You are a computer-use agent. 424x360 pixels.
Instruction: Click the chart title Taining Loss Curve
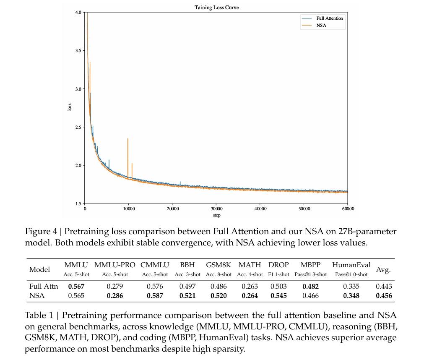click(216, 8)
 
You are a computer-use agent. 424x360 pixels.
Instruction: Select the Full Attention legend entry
click(329, 18)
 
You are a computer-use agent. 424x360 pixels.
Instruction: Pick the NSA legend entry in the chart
click(321, 26)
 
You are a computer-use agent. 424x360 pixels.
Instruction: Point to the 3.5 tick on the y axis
click(78, 51)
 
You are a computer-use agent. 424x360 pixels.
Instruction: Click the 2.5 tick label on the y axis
click(78, 127)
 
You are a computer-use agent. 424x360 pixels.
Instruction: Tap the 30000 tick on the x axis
click(216, 209)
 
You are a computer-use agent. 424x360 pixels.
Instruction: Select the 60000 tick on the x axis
click(347, 209)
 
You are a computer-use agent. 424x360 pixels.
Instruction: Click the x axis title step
click(216, 215)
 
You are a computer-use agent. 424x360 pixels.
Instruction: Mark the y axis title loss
click(70, 107)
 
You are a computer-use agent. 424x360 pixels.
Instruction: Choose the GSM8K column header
click(219, 265)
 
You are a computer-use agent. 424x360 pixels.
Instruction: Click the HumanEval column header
click(351, 265)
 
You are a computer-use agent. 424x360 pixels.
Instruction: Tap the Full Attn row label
click(41, 287)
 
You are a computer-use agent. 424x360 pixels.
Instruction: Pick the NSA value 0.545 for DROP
click(278, 295)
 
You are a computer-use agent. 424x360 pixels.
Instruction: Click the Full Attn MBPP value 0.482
click(310, 287)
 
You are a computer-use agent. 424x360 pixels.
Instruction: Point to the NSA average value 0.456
click(384, 295)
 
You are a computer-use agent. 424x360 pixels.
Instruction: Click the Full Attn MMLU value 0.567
click(76, 287)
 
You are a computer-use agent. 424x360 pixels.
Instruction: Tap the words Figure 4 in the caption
click(40, 232)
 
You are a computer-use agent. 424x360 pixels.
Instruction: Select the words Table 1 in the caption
click(39, 316)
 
